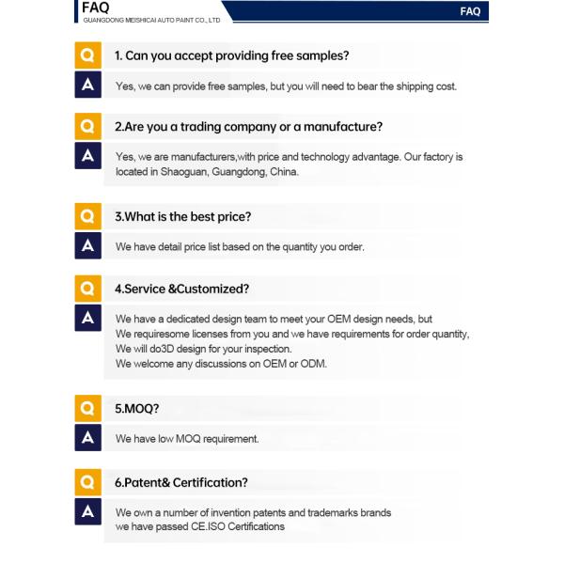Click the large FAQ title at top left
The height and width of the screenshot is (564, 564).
click(x=96, y=8)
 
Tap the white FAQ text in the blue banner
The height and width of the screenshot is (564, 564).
click(x=470, y=11)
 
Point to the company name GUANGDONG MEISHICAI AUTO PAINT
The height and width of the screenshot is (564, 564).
click(x=151, y=20)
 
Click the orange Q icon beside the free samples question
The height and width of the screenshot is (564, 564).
click(x=87, y=55)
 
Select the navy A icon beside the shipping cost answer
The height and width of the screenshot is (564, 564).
click(x=87, y=85)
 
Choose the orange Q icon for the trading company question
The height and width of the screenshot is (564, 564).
click(x=87, y=125)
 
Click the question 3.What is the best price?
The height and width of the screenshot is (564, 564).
click(x=182, y=216)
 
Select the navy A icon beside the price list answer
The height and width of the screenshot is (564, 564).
click(x=87, y=245)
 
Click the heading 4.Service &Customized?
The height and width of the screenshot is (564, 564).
click(x=181, y=289)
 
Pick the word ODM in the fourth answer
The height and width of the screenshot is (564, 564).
click(x=313, y=364)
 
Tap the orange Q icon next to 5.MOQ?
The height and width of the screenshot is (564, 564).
click(x=87, y=408)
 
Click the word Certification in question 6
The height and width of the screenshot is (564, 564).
click(x=209, y=482)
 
